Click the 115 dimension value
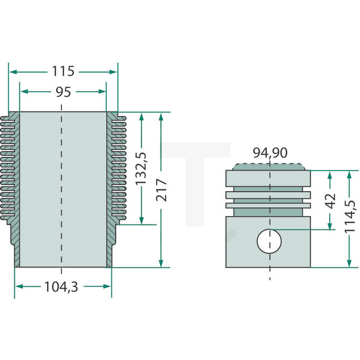[x=63, y=71]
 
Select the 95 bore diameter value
[x=63, y=92]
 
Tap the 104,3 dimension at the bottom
[x=61, y=287]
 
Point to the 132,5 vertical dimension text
[x=141, y=169]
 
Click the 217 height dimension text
[x=161, y=190]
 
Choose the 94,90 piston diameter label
[x=270, y=153]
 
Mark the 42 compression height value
[x=331, y=201]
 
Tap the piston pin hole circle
[x=269, y=241]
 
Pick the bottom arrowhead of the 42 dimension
[x=330, y=225]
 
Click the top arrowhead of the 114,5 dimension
[x=349, y=174]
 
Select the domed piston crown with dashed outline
[x=269, y=167]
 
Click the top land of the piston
[x=268, y=178]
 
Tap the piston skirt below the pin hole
[x=268, y=260]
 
